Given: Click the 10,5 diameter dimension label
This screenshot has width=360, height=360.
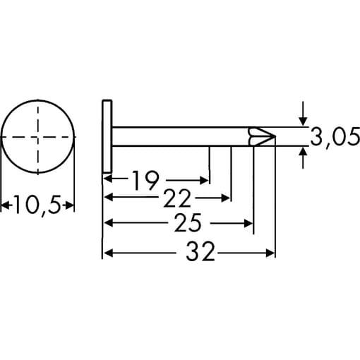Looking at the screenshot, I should click(x=38, y=205).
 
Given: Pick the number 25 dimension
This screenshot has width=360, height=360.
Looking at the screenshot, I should click(x=188, y=224).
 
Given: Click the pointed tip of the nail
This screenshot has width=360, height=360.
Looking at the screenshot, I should click(x=273, y=136).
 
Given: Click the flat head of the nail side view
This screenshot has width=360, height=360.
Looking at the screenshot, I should click(x=106, y=136).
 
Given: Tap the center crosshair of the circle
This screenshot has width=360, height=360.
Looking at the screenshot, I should click(x=38, y=136).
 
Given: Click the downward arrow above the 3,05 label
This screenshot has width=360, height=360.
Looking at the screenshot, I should click(x=304, y=121).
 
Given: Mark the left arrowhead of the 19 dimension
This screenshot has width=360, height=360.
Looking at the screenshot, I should click(x=108, y=180).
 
